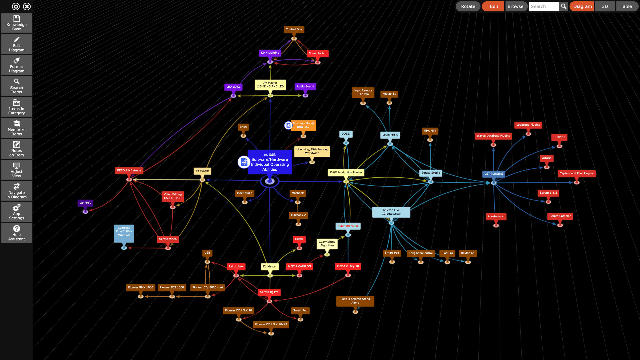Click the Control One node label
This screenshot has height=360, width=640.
294,30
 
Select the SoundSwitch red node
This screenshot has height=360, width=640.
317,53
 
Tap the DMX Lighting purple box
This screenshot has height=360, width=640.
270,53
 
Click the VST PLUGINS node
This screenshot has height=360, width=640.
493,174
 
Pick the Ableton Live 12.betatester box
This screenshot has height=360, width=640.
391,212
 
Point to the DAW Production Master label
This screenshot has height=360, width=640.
346,173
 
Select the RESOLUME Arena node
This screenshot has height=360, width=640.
129,170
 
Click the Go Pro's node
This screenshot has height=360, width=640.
85,203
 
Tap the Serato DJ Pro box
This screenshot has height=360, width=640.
269,292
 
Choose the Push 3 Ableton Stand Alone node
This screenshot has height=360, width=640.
355,301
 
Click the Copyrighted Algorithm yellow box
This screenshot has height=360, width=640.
327,244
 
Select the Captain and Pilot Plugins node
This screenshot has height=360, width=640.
576,174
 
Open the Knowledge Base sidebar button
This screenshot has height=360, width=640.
17,23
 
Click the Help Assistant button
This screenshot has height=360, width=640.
17,233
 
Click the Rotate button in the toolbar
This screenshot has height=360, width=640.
468,6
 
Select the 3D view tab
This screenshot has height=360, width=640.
605,6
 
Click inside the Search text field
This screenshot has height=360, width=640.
544,6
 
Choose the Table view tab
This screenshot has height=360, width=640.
626,6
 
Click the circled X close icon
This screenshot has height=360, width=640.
27,6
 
